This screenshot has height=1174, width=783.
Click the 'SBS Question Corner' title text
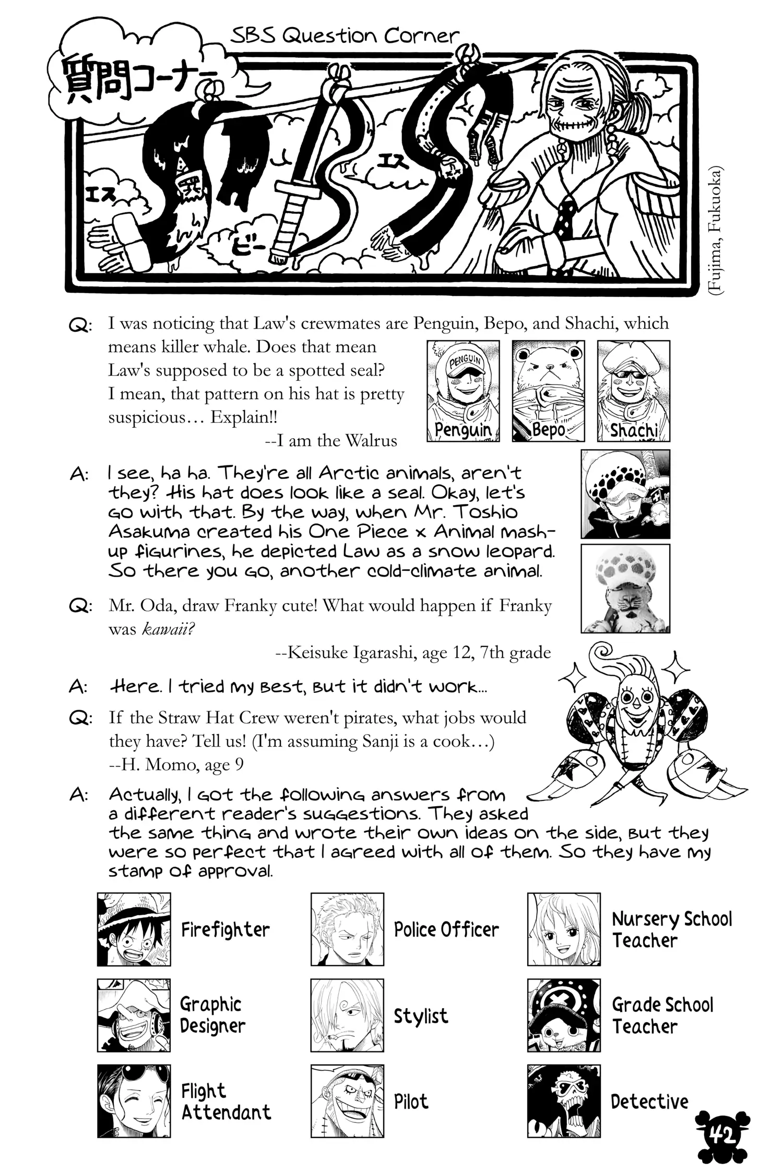coord(345,35)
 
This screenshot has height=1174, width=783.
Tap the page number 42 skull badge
coord(722,1135)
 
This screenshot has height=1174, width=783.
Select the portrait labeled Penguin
coord(463,391)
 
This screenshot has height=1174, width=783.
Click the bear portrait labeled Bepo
coord(548,391)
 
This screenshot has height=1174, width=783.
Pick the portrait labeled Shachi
coord(633,391)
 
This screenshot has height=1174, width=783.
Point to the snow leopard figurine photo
coord(625,589)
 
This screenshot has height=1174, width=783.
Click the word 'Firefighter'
coord(226,930)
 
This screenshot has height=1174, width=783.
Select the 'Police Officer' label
coord(446,930)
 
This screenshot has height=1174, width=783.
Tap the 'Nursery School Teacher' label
coord(672,930)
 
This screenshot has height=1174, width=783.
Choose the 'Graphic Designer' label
coord(212,1015)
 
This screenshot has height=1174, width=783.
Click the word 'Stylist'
coord(421,1016)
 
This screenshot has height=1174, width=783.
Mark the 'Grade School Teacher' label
coord(662,1015)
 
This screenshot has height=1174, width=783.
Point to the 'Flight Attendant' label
coord(226,1101)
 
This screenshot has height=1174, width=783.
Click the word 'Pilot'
coord(411,1101)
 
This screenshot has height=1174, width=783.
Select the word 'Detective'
coord(649,1101)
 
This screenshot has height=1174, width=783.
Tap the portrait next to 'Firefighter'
coord(134,929)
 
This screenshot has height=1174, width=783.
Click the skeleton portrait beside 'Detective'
coord(564,1101)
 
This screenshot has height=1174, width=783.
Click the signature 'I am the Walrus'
coord(331,441)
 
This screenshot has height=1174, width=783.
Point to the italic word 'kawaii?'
coord(168,629)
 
